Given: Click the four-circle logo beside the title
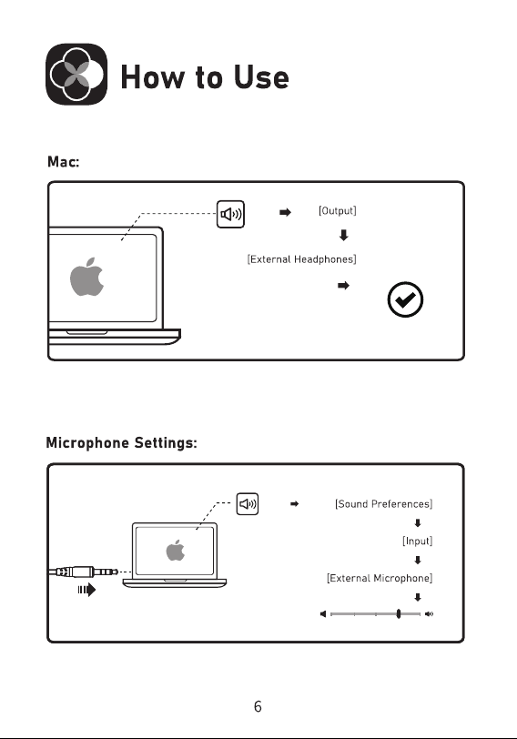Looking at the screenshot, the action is click(x=76, y=74).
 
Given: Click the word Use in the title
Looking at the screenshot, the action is click(x=261, y=76).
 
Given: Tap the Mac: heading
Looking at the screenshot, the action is click(x=64, y=162).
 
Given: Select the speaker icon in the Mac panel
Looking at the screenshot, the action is click(x=230, y=214).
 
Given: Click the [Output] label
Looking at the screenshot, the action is click(x=338, y=210).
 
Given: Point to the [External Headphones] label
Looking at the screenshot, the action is click(x=301, y=259).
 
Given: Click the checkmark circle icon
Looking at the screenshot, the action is click(x=405, y=299).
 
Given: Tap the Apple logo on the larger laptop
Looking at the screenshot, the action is click(x=86, y=277).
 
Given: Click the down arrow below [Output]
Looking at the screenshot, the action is click(x=343, y=235).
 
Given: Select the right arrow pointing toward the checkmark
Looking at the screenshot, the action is click(x=343, y=285).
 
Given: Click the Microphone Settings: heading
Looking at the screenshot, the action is click(x=122, y=443).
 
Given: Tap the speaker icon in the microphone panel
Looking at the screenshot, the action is click(x=248, y=504).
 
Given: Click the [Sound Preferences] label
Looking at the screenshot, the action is click(x=383, y=504).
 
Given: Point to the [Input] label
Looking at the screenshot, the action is click(x=417, y=541).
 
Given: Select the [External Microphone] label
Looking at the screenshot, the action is click(x=380, y=578).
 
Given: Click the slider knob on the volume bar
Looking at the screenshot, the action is click(x=399, y=613).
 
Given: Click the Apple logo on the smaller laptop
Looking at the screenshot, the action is click(x=176, y=550).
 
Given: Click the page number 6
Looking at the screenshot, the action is click(x=258, y=706).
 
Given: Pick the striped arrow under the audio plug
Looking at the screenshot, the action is click(x=86, y=590).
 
